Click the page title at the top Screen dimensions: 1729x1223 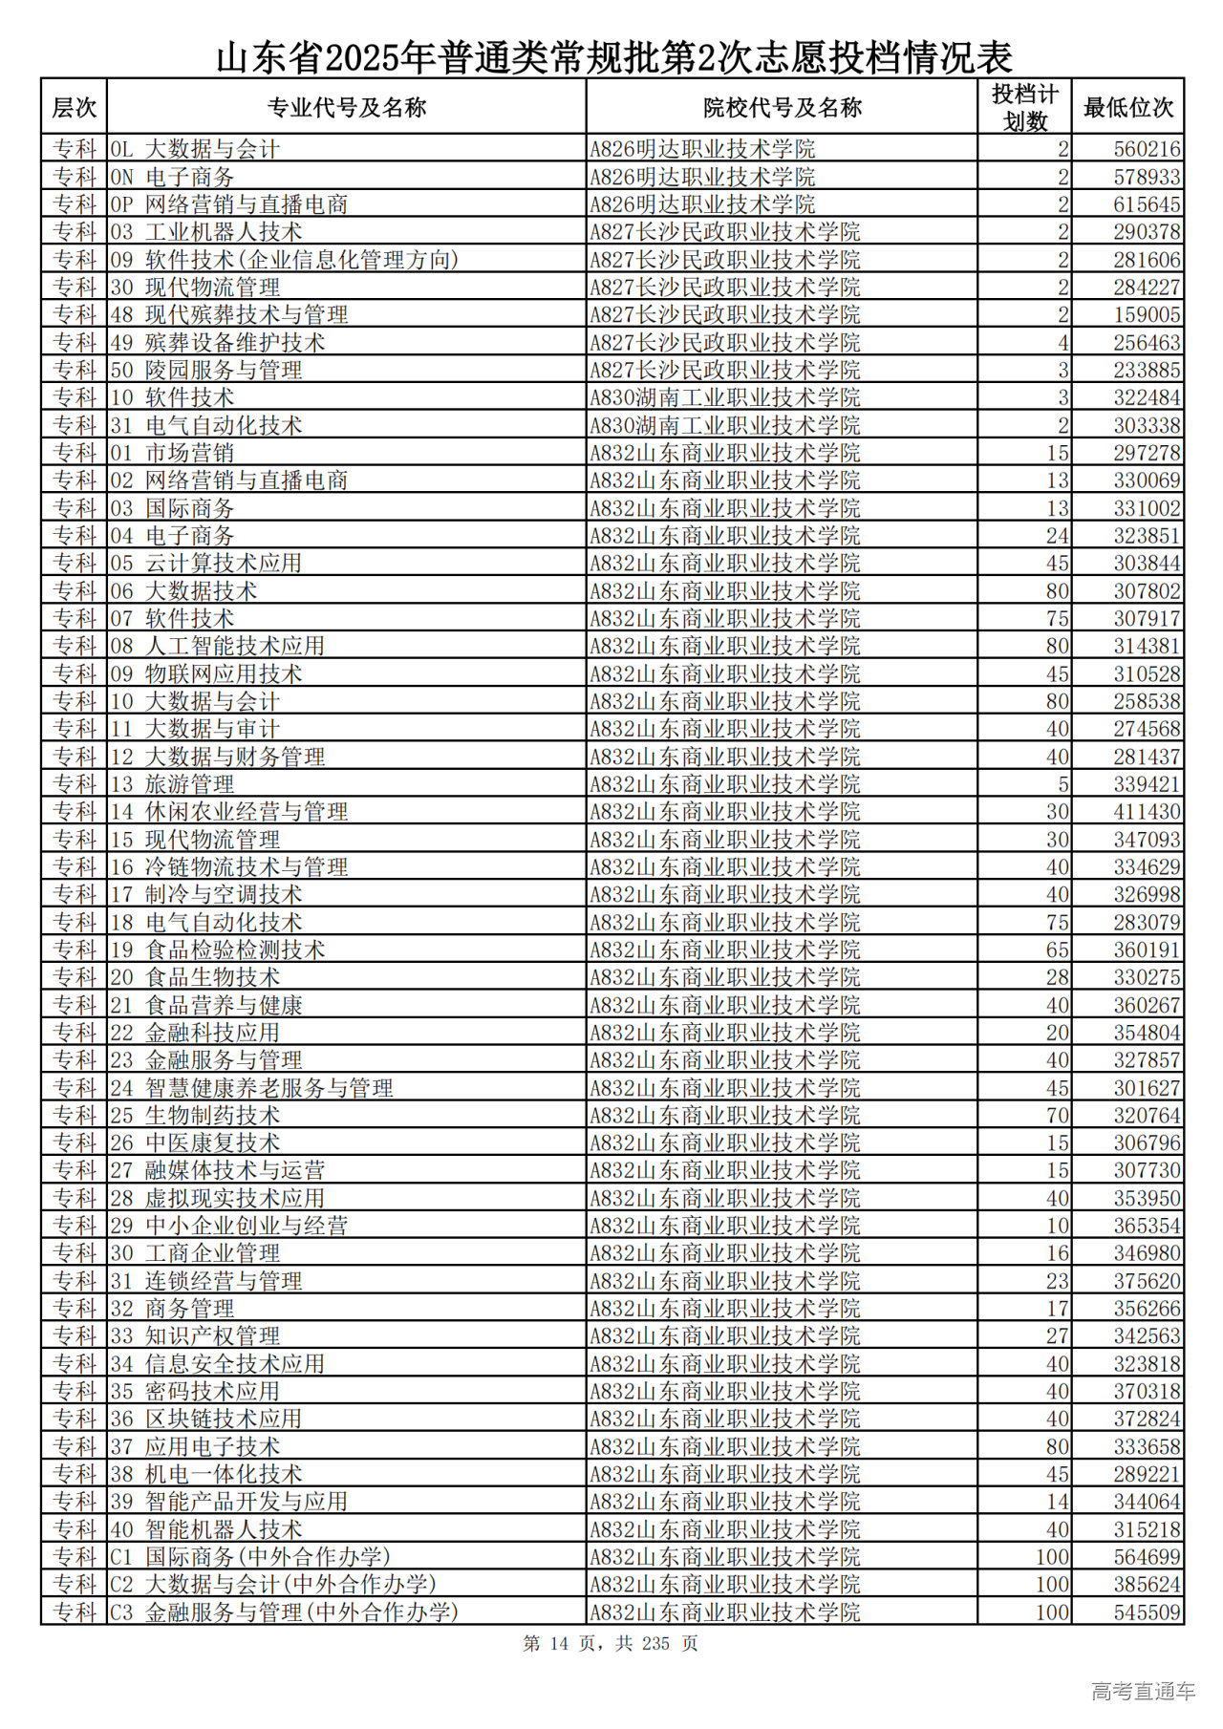tap(613, 57)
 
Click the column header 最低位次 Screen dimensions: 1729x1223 tap(1127, 108)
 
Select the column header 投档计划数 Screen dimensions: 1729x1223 tap(1024, 108)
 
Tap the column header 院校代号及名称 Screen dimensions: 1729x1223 tap(782, 108)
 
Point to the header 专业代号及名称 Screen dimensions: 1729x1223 tap(346, 108)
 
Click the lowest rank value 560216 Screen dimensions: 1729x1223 tap(1147, 149)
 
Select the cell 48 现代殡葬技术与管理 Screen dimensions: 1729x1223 tap(229, 315)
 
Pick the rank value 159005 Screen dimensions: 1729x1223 tap(1147, 315)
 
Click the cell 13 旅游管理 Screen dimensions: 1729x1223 tap(173, 784)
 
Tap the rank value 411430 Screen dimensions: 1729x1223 tap(1147, 812)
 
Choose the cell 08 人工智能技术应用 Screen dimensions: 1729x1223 tap(218, 646)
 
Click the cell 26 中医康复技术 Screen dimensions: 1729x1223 tap(196, 1143)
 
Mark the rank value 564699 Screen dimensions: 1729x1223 tap(1147, 1557)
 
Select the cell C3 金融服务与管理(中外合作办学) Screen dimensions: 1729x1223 tap(285, 1612)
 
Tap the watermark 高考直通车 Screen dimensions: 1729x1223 tap(1143, 1691)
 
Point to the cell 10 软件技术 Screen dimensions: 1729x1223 tap(173, 397)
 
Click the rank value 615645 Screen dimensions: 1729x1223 tap(1147, 204)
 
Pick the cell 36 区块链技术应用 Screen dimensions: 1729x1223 tap(206, 1419)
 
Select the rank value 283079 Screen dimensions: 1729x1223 tap(1147, 923)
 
